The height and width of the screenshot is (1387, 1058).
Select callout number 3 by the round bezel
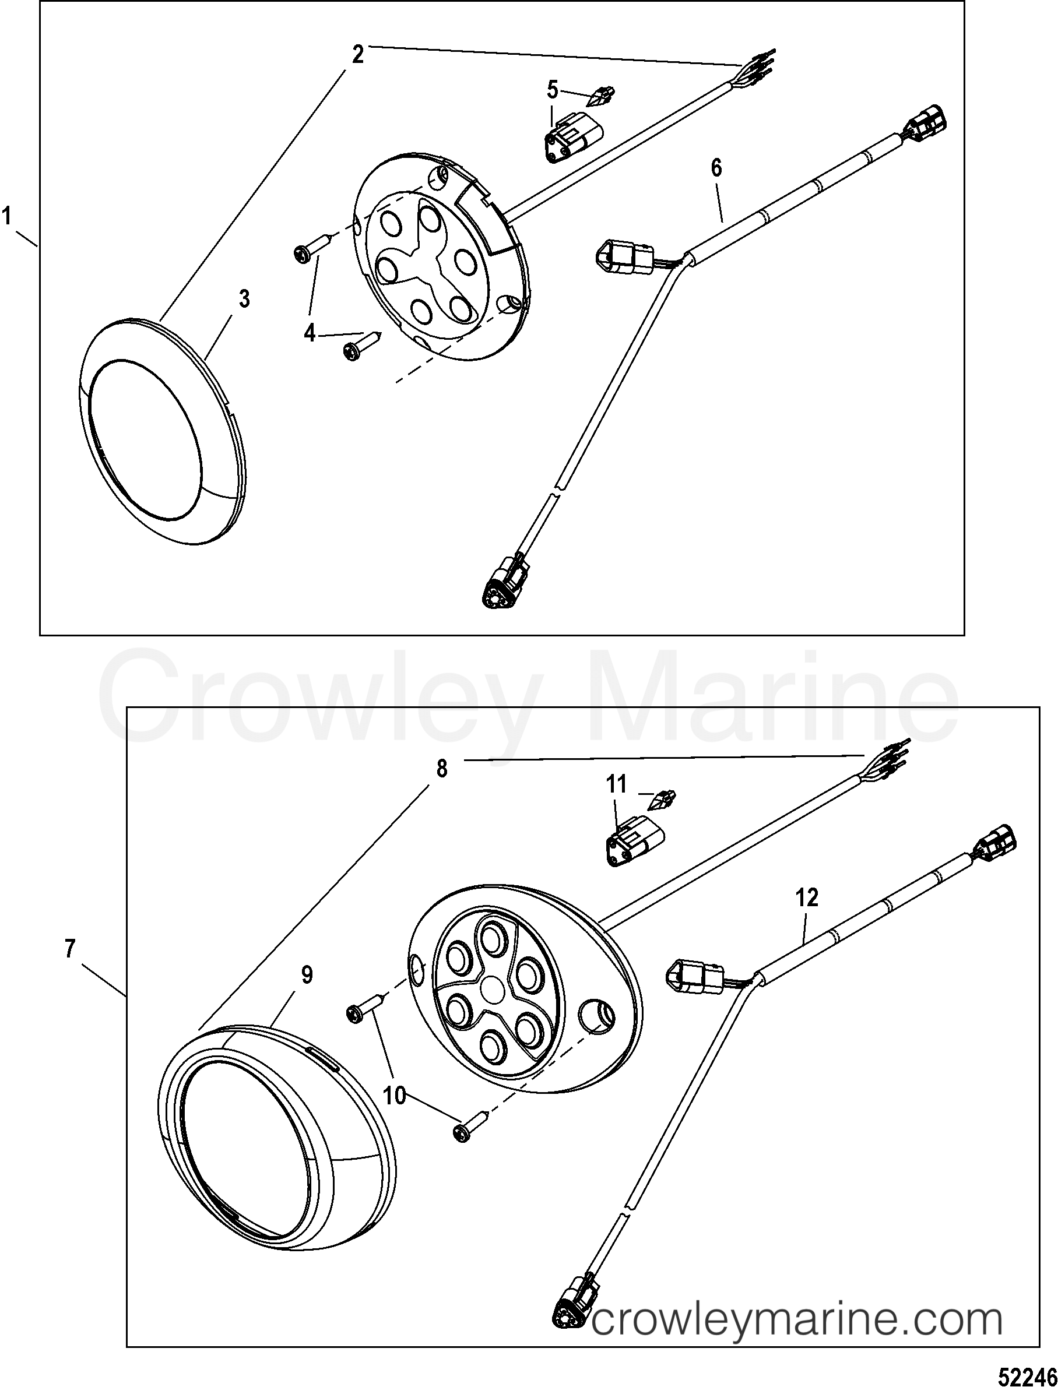pos(244,299)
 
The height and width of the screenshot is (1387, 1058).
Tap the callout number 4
pos(309,332)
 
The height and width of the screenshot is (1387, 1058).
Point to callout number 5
pos(552,90)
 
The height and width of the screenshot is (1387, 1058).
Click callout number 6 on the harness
pos(716,167)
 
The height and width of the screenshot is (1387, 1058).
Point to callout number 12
pos(807,898)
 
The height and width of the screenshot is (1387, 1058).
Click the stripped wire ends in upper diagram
pos(760,65)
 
